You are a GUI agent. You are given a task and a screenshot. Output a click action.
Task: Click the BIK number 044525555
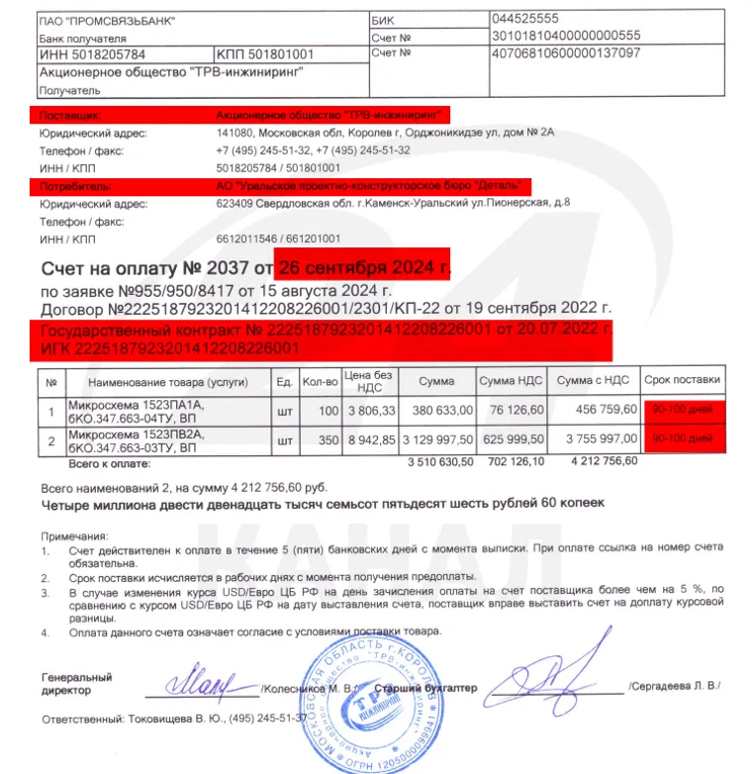pos(524,19)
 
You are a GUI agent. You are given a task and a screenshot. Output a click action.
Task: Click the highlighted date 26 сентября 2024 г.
pos(364,267)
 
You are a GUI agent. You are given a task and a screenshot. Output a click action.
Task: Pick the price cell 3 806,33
pos(371,408)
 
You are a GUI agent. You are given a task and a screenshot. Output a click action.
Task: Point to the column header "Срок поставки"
pos(682,381)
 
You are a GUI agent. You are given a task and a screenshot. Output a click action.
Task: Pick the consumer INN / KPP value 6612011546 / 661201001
pos(278,239)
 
